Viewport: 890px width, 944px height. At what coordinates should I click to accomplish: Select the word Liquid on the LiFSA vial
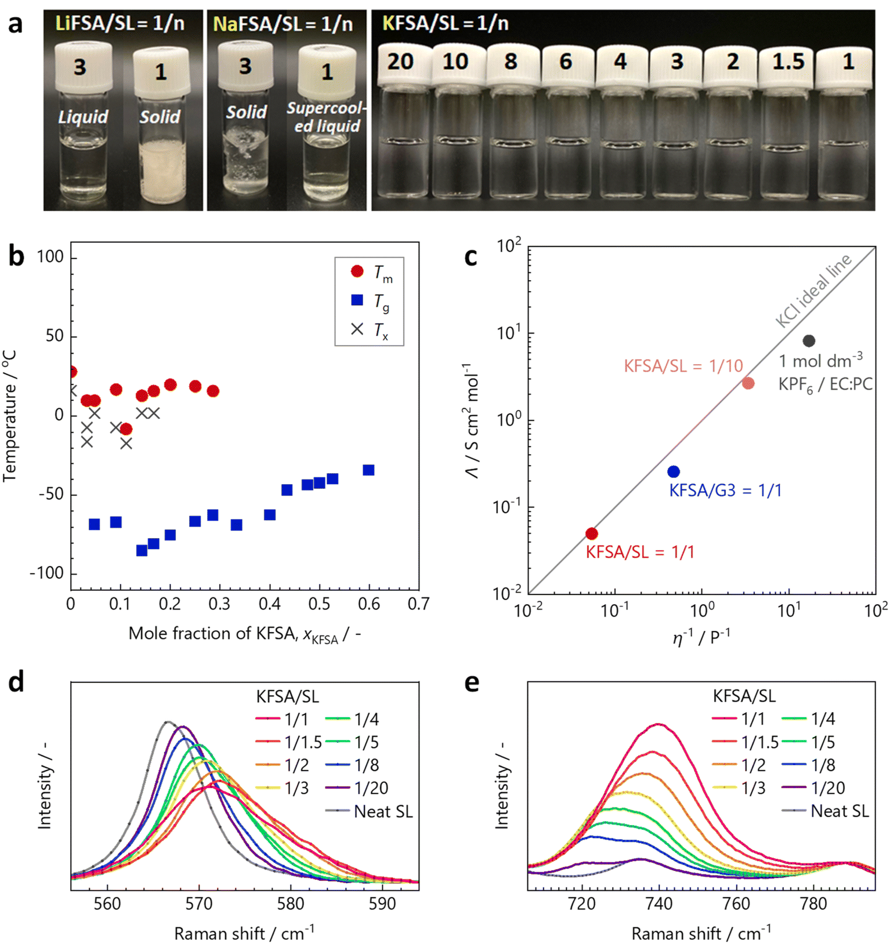tap(83, 117)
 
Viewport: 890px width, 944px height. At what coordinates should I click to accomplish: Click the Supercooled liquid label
tap(327, 117)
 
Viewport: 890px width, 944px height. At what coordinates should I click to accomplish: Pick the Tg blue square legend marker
tap(357, 300)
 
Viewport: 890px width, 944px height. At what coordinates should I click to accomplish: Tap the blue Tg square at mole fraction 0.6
tap(368, 470)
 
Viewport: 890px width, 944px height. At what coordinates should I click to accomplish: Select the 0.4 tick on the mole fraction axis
tap(269, 605)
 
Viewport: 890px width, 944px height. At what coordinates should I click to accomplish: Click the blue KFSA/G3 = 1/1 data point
tap(673, 471)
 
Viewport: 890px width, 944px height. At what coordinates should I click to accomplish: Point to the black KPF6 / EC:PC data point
tap(809, 341)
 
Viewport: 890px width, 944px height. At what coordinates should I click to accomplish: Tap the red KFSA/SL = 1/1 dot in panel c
tap(591, 533)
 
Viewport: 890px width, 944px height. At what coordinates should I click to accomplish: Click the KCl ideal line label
tap(813, 291)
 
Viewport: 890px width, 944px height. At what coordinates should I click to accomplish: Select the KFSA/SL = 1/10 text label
tap(683, 366)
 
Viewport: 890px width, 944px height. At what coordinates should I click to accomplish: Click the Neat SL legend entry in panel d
tap(369, 811)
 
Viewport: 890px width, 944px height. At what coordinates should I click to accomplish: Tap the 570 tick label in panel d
tap(199, 903)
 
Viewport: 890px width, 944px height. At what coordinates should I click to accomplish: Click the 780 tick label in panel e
tap(813, 903)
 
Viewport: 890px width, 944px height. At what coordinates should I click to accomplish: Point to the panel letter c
tap(471, 256)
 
